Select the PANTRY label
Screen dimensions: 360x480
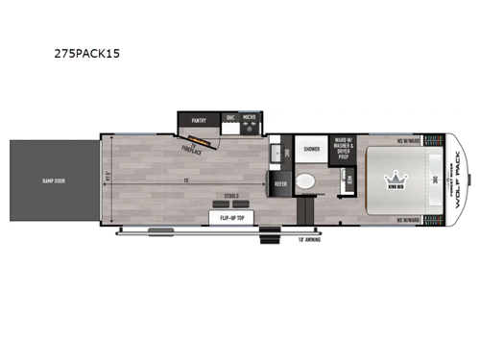(x=200, y=120)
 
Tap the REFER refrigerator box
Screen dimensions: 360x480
(x=281, y=183)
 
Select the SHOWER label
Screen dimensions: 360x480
(x=312, y=150)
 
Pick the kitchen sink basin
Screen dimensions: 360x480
(x=277, y=152)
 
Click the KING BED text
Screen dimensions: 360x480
(x=396, y=190)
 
